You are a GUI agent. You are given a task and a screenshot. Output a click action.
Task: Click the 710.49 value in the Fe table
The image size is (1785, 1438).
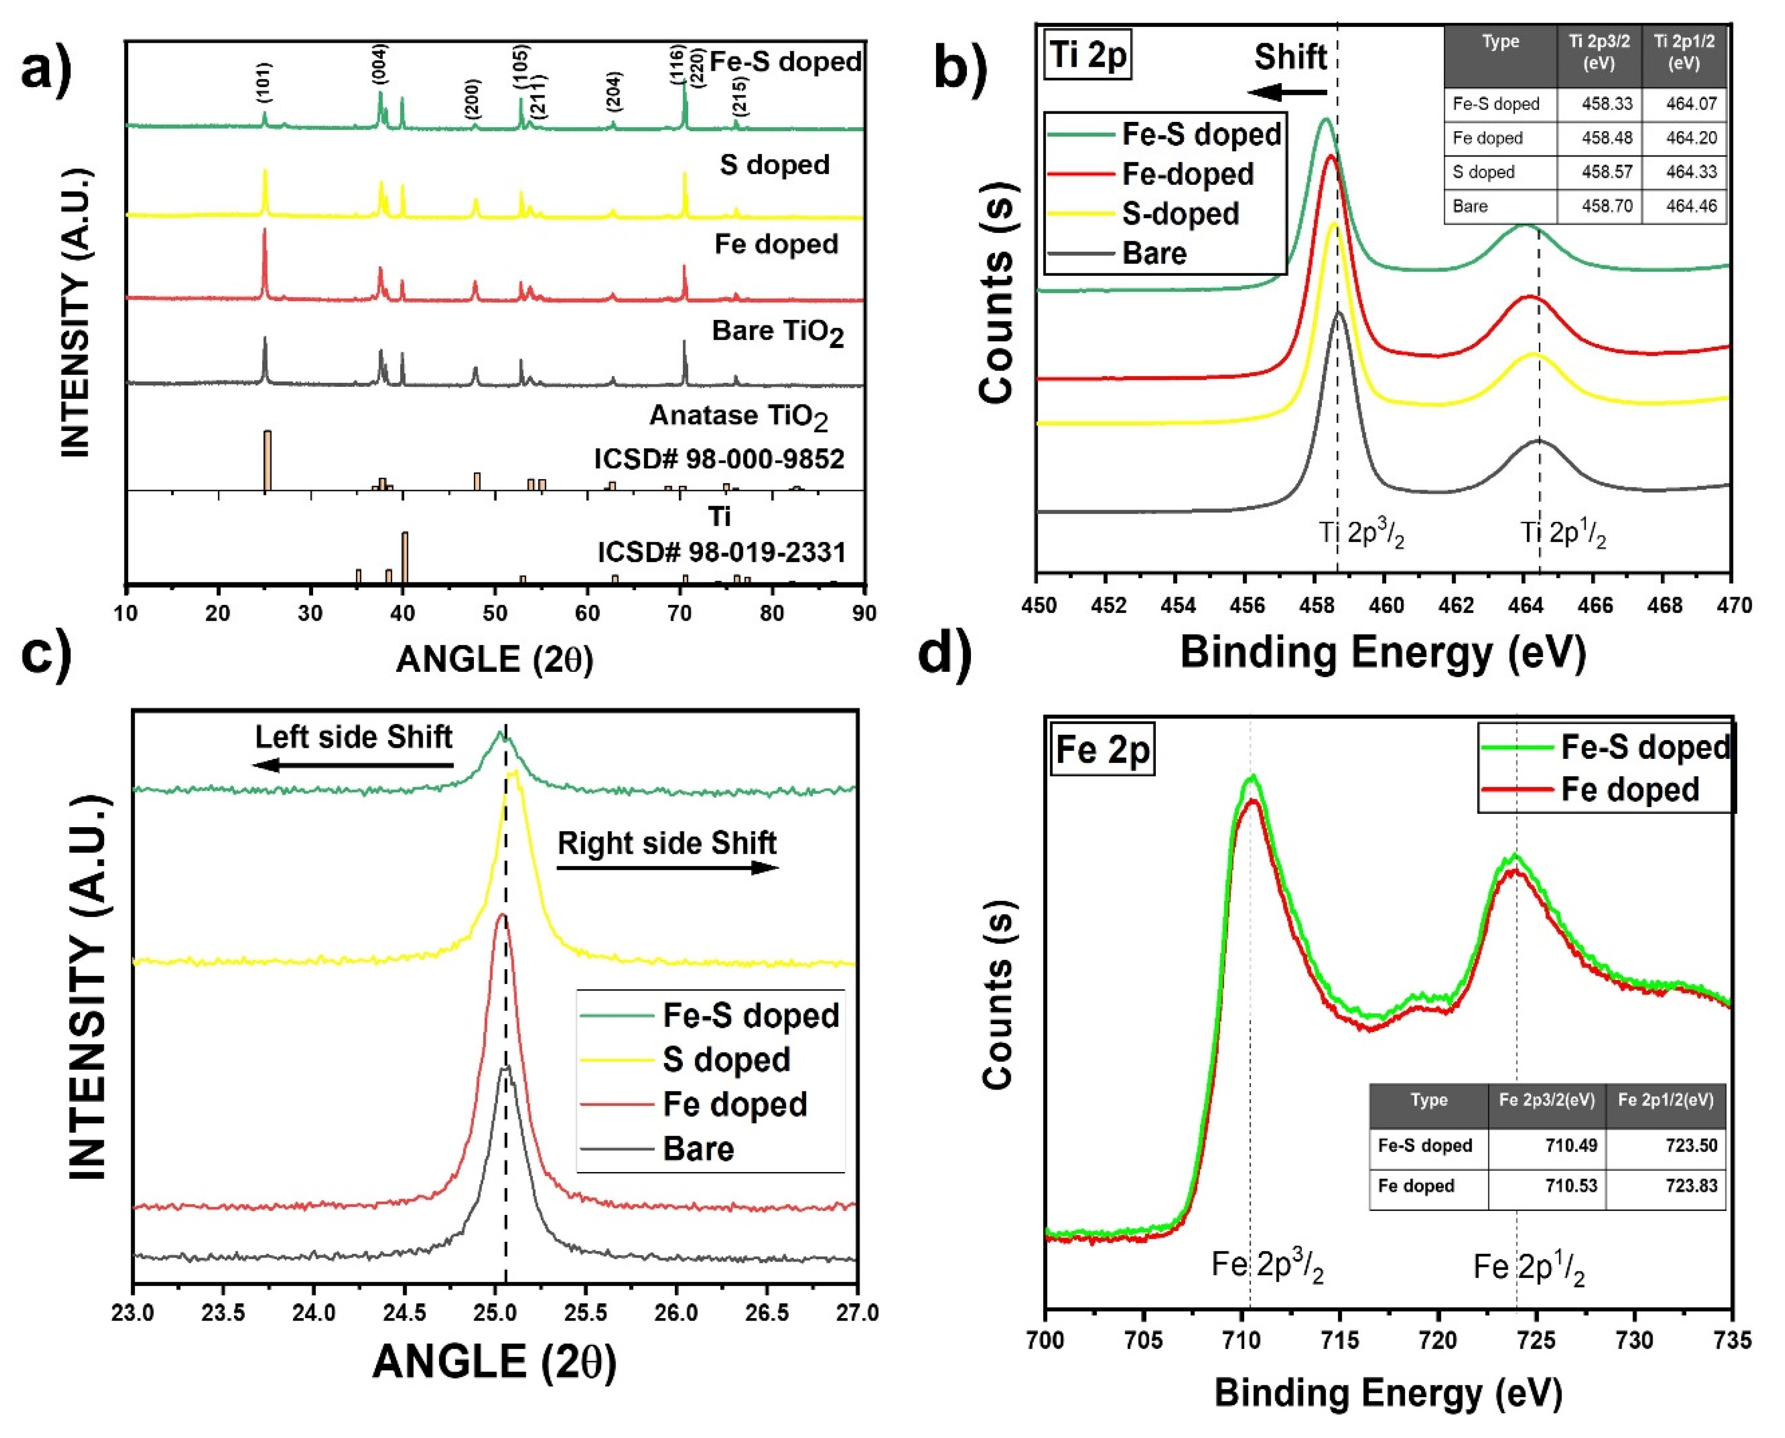[1547, 1146]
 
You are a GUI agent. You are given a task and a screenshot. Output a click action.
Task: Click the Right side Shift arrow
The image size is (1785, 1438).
[667, 868]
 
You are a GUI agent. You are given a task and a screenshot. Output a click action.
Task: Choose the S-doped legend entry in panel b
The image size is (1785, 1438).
[1179, 214]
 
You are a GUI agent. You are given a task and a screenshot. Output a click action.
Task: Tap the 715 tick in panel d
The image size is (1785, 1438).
[1340, 1340]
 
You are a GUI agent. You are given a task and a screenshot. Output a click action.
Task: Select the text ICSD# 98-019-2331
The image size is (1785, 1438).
[721, 552]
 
